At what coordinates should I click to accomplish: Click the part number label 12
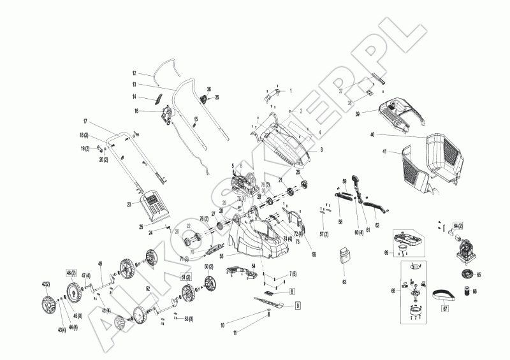tap(135, 73)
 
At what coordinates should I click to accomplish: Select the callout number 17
tap(84, 121)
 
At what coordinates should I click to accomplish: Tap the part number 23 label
tap(128, 205)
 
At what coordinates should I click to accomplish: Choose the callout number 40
tap(372, 134)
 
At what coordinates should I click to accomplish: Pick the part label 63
tap(344, 281)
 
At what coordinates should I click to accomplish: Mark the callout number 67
tap(445, 307)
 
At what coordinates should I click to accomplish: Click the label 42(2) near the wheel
tap(46, 284)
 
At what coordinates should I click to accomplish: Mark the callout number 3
tap(321, 150)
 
